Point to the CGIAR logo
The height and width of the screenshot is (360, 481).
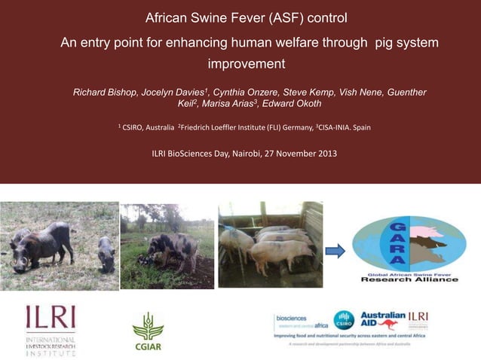pyautogui.click(x=148, y=331)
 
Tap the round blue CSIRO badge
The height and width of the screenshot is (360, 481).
pyautogui.click(x=344, y=319)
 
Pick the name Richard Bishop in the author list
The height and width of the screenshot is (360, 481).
pyautogui.click(x=105, y=92)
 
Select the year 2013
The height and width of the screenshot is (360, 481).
pyautogui.click(x=326, y=154)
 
